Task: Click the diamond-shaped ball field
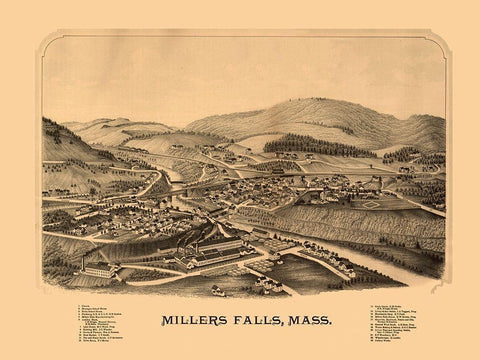tap(369, 203)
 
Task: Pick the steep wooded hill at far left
tap(60, 145)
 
